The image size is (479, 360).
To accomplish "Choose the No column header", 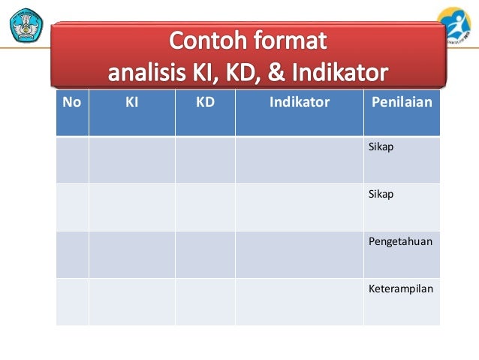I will point(72,102).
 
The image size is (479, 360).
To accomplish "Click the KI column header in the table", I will point(131,102).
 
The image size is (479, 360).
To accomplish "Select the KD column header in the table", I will point(205,102).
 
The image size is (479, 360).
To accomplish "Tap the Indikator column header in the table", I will point(299,102).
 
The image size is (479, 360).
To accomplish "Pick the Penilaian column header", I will point(402,102).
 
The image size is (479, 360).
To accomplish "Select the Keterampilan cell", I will point(401,289).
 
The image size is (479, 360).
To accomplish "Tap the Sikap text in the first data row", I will point(381,147).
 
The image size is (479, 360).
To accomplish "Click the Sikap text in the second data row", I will point(381,194).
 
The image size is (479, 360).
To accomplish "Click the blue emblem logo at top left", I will point(26,24).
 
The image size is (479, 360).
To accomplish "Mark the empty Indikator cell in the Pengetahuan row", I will point(299,254).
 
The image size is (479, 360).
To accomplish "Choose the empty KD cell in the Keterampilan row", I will point(205,301).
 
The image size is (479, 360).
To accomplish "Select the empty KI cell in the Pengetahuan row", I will point(131,254).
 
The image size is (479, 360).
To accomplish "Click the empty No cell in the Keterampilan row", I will point(72,301).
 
